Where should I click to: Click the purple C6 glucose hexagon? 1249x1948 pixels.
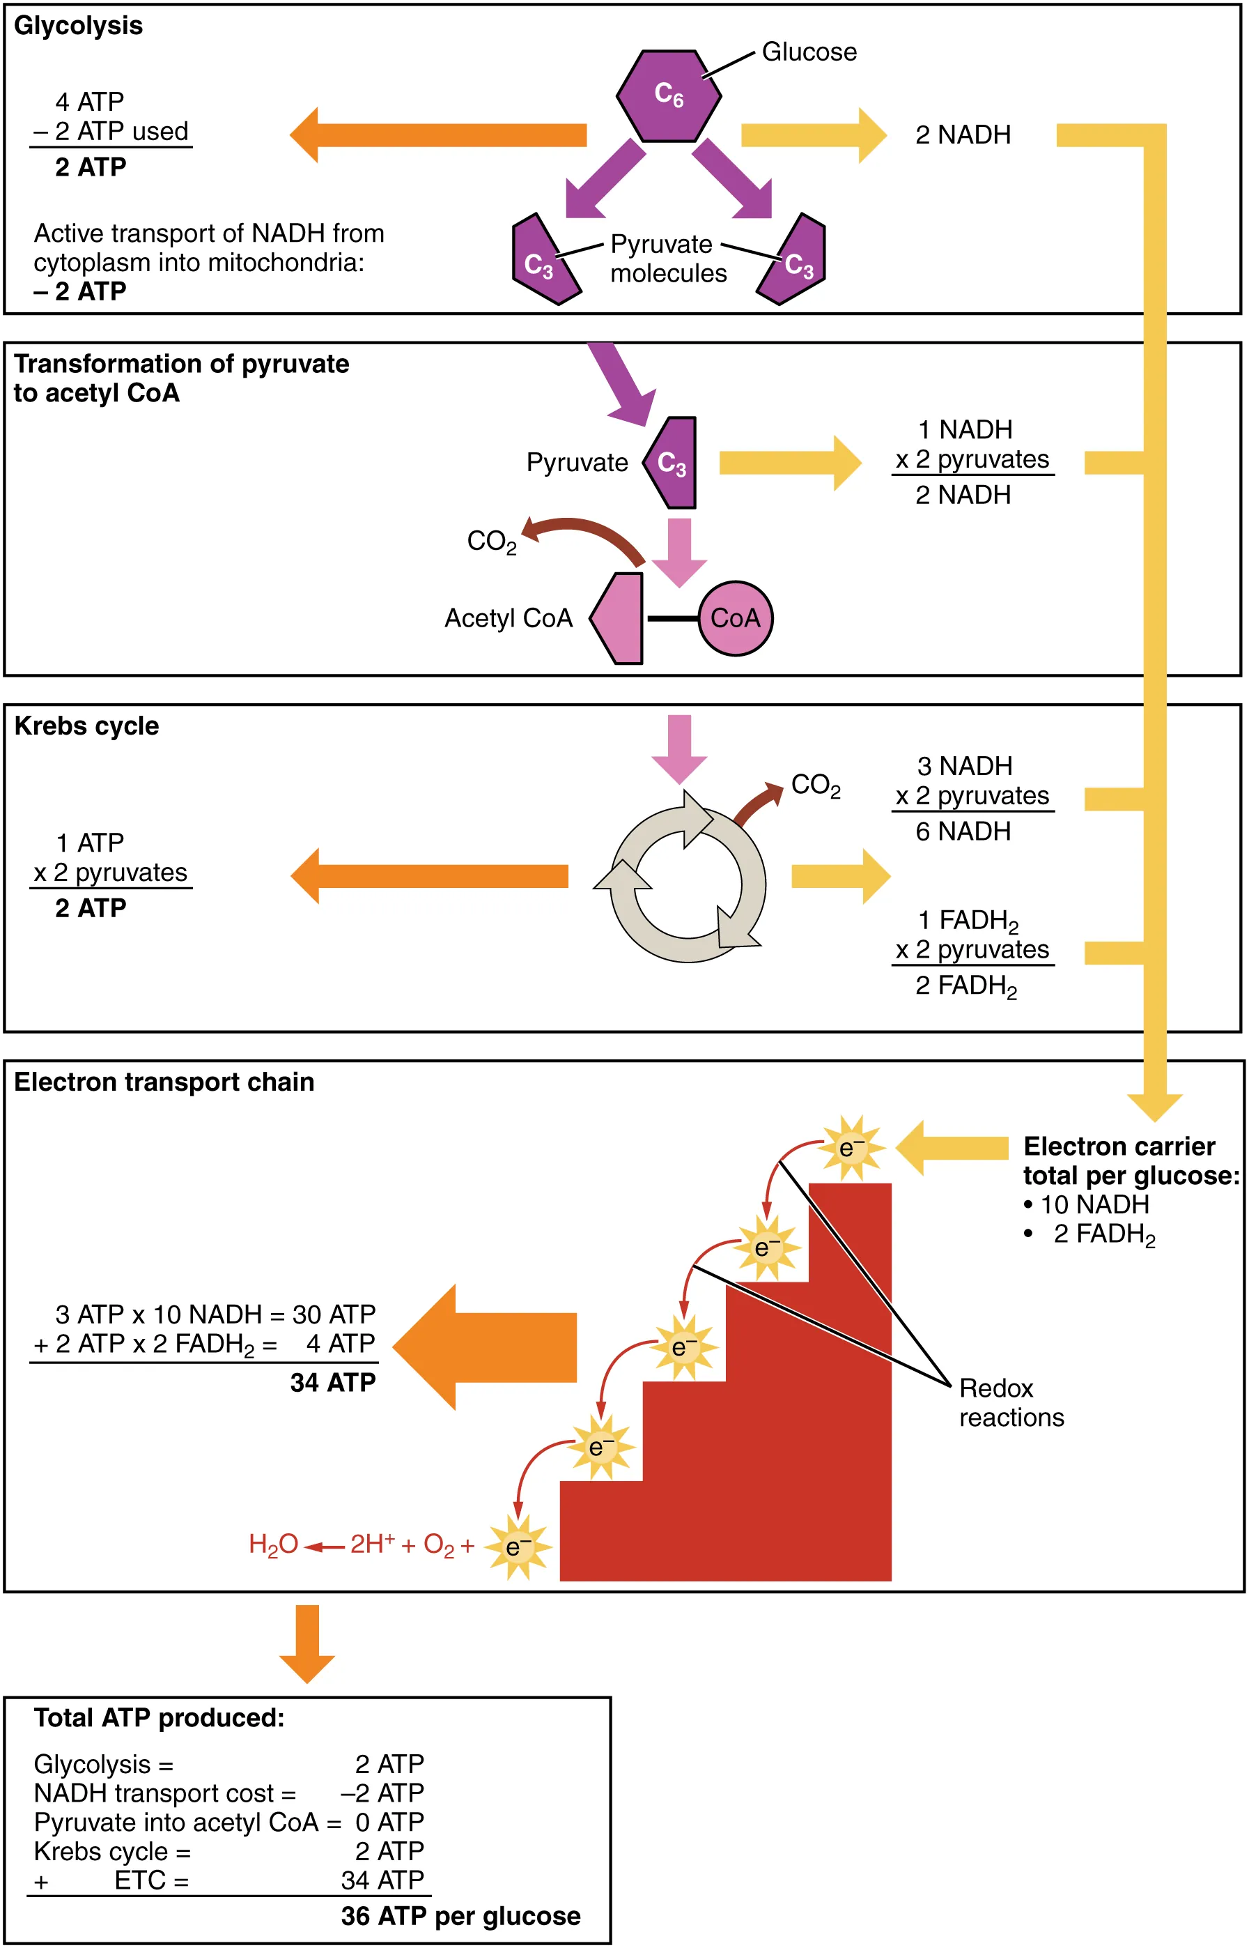pyautogui.click(x=668, y=95)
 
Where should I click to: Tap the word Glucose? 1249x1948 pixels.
pyautogui.click(x=809, y=52)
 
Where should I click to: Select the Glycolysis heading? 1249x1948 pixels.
pyautogui.click(x=78, y=26)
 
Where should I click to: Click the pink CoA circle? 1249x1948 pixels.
pyautogui.click(x=735, y=618)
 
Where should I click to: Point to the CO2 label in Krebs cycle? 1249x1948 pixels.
pyautogui.click(x=815, y=785)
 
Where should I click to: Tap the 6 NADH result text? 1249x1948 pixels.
pyautogui.click(x=963, y=831)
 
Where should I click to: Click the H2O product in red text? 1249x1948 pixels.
pyautogui.click(x=273, y=1544)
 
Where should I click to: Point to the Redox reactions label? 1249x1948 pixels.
pyautogui.click(x=1011, y=1403)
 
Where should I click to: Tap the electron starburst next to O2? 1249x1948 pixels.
pyautogui.click(x=518, y=1547)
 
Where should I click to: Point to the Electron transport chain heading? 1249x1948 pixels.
pyautogui.click(x=164, y=1082)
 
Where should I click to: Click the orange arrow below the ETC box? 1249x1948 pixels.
pyautogui.click(x=307, y=1642)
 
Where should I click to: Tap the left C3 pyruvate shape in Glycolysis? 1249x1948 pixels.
pyautogui.click(x=542, y=262)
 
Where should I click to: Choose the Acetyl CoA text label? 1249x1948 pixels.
pyautogui.click(x=508, y=619)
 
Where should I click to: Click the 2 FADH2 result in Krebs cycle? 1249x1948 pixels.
pyautogui.click(x=965, y=985)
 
